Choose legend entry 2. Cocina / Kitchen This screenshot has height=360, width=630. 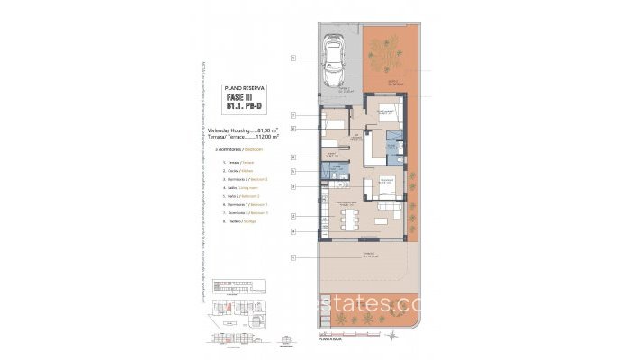pos(235,169)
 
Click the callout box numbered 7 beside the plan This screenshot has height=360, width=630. pos(294,116)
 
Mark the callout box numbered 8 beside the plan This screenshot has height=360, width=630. pos(294,157)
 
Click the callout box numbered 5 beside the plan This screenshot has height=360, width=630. pos(294,171)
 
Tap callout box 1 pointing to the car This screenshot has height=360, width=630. pos(294,58)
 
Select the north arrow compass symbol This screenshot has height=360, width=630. pos(286,341)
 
